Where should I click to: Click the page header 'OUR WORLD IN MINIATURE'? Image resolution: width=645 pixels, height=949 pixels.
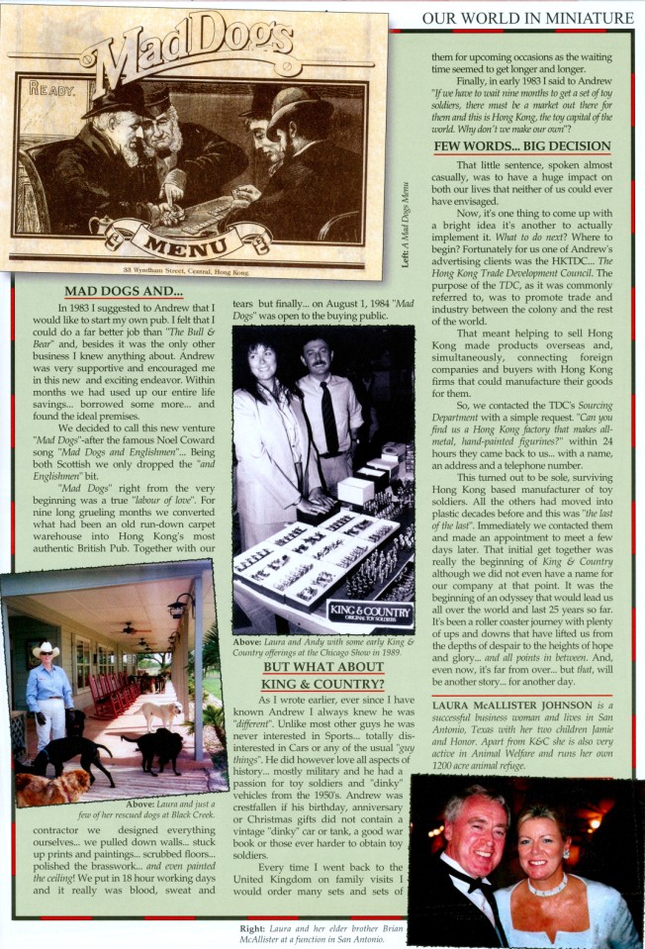point(527,18)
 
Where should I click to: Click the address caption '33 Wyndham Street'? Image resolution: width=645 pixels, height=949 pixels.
point(190,270)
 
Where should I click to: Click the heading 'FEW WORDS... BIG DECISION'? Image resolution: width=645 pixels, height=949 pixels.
point(522,146)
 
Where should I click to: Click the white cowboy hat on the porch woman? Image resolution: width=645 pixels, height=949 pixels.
point(45,649)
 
